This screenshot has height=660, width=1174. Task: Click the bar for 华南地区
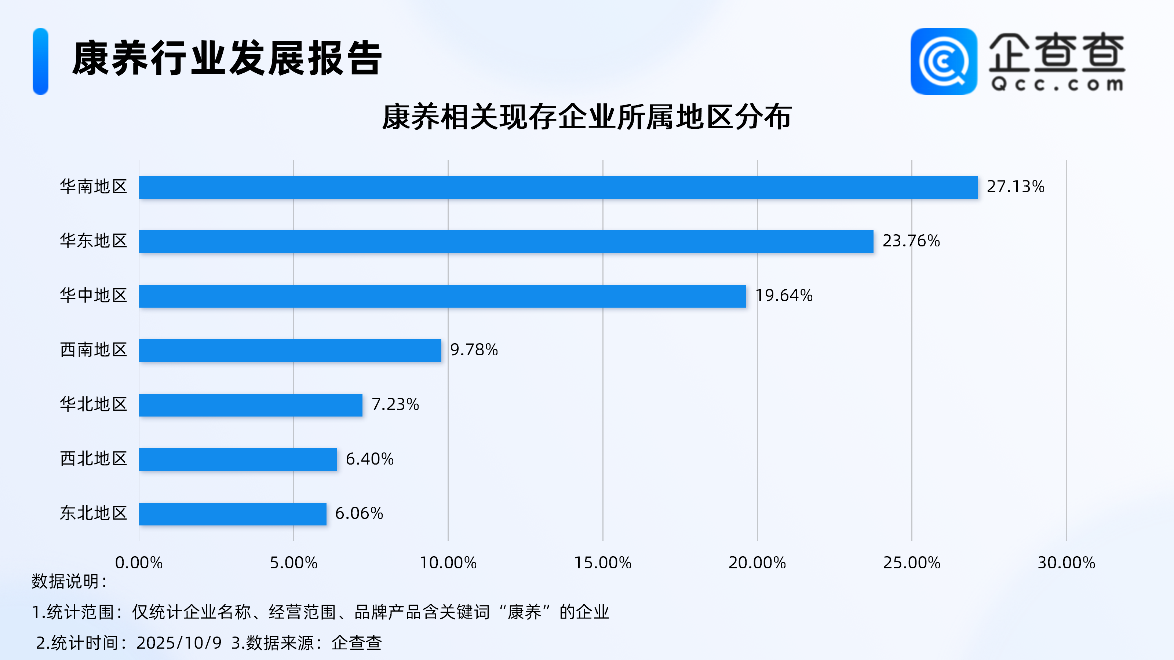click(558, 187)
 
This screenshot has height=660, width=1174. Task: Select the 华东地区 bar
click(506, 241)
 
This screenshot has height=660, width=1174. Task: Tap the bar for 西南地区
click(290, 350)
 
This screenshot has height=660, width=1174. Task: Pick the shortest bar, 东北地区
click(233, 514)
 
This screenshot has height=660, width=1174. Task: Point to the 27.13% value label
click(1016, 187)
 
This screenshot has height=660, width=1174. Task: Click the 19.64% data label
click(784, 296)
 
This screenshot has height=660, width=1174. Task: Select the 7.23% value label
click(395, 404)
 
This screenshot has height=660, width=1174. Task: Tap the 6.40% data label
click(369, 459)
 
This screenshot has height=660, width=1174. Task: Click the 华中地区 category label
click(94, 296)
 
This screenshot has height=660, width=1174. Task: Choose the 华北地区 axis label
click(94, 404)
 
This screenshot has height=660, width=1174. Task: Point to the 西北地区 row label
click(94, 459)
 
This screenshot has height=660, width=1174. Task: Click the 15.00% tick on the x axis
click(602, 563)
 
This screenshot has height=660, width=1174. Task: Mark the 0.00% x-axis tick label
click(139, 563)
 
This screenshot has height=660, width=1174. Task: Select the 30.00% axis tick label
click(1066, 563)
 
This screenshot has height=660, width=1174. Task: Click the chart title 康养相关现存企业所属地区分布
click(587, 117)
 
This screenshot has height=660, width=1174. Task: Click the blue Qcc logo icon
click(943, 62)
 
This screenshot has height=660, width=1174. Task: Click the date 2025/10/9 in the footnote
click(179, 643)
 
